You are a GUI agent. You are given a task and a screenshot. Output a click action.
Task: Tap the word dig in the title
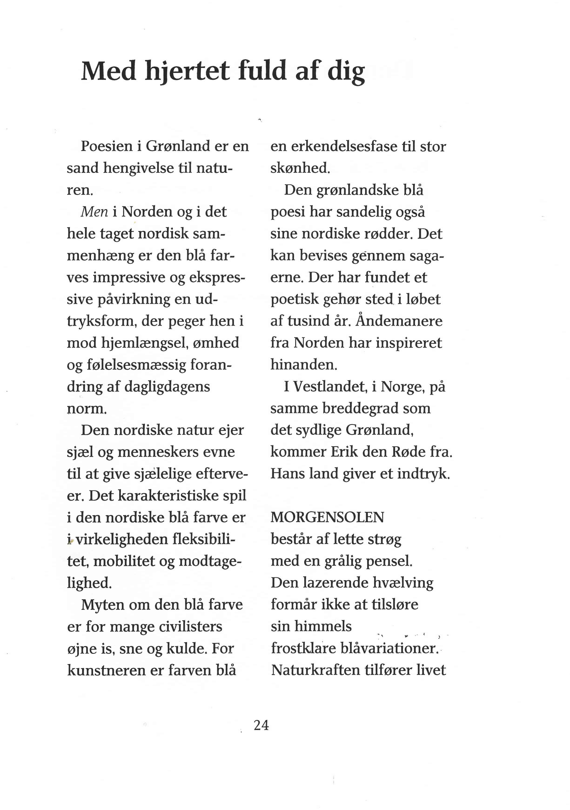click(346, 72)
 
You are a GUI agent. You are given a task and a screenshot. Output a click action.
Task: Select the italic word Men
click(94, 212)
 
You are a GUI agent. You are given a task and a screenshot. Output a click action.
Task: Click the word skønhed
click(300, 168)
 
